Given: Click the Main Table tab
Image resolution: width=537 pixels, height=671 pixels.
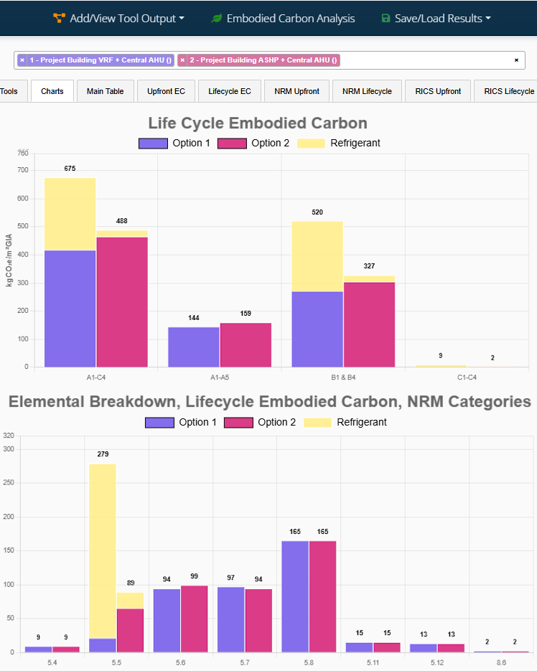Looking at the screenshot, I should (105, 91).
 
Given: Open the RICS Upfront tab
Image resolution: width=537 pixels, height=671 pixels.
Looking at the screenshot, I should (438, 91).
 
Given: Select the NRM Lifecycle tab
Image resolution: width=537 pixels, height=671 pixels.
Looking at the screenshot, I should (367, 91).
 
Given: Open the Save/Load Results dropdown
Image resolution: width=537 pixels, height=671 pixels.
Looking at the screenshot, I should (436, 19).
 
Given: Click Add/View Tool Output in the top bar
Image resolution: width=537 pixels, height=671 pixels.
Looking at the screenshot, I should (119, 19).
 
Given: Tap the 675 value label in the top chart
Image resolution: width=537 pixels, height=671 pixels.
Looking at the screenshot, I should (70, 168).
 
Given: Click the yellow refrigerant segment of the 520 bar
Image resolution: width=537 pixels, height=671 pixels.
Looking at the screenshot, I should (317, 256).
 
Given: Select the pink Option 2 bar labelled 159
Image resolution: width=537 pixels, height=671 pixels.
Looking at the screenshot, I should (246, 344).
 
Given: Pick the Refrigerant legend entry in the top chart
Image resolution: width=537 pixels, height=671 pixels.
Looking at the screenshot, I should (355, 143).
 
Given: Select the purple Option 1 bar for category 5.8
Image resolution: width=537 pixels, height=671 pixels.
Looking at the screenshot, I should (295, 596).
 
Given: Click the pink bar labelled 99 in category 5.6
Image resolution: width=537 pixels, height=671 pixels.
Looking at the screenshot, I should (194, 619).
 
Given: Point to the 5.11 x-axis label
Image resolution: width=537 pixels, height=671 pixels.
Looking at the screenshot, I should (373, 662).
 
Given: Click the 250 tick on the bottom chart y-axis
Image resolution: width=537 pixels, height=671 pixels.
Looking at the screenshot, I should (9, 483).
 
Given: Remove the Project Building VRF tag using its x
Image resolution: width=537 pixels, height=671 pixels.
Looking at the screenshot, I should (22, 60).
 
